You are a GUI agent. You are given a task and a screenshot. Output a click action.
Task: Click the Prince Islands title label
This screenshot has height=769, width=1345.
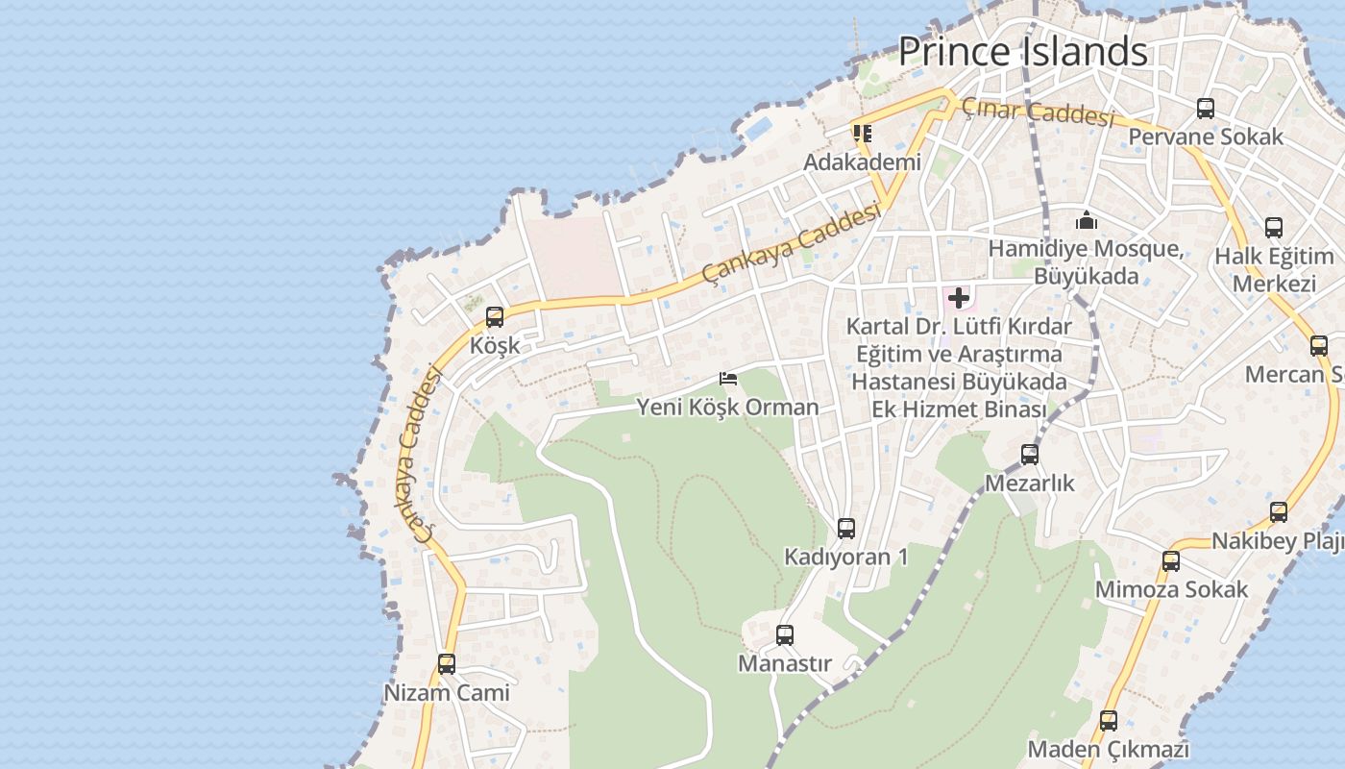(1022, 51)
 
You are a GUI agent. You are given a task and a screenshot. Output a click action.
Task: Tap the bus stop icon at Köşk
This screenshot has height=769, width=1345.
(495, 317)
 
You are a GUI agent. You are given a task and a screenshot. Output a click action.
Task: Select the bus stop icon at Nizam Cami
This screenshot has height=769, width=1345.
(447, 664)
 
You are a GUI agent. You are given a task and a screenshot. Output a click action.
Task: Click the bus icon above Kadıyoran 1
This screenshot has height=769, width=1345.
(846, 529)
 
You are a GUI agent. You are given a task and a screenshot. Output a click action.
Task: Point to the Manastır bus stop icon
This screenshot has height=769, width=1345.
(785, 635)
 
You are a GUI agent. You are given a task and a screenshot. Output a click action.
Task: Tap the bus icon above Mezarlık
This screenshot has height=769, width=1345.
(1030, 455)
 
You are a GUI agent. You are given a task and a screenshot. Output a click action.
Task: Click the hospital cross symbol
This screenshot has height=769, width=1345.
(958, 298)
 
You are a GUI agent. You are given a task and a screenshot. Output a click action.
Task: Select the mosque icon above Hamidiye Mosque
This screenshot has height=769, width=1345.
(1087, 221)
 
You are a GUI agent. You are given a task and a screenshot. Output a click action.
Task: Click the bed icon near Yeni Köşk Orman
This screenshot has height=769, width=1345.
(728, 379)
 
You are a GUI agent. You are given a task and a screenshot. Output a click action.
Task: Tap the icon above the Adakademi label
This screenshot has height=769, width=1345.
(862, 134)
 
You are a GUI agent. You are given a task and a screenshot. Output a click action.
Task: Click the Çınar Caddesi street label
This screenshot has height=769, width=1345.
(1038, 112)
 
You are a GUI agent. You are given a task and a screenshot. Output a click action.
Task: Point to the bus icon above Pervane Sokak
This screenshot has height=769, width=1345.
(1206, 109)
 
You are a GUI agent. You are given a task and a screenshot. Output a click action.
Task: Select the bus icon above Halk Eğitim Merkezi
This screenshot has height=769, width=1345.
(1274, 228)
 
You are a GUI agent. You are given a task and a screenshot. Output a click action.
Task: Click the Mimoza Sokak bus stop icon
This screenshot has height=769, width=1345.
(1171, 561)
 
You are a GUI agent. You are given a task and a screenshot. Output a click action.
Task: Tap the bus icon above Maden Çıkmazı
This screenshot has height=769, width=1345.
(1109, 721)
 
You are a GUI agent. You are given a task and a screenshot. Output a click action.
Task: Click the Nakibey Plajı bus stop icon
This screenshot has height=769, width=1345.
(1279, 512)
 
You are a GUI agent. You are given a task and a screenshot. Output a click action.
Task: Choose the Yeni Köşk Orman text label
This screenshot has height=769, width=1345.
(727, 408)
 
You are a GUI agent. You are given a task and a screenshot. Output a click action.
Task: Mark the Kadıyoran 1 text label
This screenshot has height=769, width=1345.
(845, 558)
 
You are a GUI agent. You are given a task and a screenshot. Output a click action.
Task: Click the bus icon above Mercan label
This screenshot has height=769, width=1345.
(1319, 346)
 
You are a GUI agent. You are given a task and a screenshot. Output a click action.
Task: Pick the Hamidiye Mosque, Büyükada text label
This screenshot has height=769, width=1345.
(1086, 262)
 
